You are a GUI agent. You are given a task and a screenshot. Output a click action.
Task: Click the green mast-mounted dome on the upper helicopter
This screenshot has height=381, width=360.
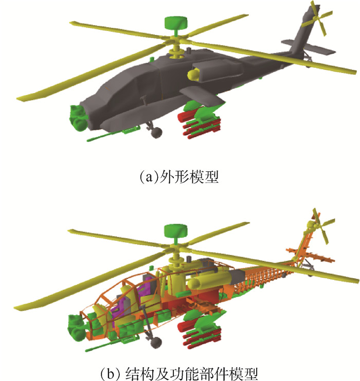point(176,22)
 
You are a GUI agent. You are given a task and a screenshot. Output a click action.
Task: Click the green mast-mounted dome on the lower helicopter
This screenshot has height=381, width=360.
point(176,230)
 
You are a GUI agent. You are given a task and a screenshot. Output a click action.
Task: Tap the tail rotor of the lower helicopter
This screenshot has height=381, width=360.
point(320,226)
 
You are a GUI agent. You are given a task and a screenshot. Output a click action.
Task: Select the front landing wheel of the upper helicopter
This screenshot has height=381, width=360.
point(156,133)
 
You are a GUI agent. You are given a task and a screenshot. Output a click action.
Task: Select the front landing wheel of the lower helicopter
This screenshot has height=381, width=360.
point(155,343)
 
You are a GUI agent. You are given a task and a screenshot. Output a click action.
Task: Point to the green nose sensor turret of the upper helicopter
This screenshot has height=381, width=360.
point(78,118)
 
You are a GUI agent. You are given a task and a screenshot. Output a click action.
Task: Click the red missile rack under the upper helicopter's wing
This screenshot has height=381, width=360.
point(200,124)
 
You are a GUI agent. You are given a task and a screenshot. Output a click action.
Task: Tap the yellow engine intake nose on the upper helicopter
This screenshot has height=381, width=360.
point(193,75)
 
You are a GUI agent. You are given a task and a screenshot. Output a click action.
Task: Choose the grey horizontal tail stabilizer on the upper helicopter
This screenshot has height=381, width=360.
point(309,47)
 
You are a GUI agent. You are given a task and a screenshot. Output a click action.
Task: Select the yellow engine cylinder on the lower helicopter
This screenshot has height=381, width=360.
point(209,281)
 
